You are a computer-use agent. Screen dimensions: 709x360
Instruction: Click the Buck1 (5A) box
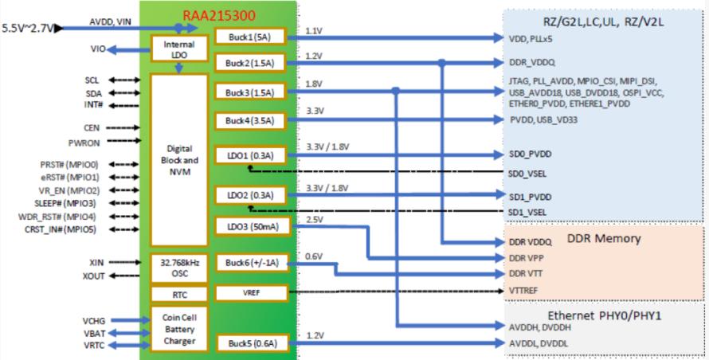pos(250,37)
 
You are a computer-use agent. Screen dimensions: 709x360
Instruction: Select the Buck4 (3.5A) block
pos(250,121)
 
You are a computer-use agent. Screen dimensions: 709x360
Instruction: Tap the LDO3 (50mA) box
pos(253,226)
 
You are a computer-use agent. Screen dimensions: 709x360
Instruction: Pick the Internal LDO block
pos(179,49)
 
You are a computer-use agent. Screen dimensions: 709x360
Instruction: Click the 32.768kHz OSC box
pos(179,268)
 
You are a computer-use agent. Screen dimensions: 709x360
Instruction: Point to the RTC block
pos(179,295)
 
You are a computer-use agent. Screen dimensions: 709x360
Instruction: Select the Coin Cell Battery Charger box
pos(179,329)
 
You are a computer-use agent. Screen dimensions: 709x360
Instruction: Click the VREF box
pos(251,292)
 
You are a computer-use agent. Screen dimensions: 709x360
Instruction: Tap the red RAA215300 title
pos(219,15)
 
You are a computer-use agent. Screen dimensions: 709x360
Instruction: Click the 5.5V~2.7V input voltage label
pos(28,28)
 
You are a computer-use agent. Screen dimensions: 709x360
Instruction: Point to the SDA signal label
pos(93,94)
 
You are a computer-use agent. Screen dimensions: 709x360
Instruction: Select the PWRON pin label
pos(84,143)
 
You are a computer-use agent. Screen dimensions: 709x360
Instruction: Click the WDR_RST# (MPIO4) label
pos(57,217)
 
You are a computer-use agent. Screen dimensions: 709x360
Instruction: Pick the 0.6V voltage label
pos(314,256)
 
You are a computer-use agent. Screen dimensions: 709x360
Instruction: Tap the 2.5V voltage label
pos(315,219)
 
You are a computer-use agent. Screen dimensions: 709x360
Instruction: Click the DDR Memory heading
pos(604,238)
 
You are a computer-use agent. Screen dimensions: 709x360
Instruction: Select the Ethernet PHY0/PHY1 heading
pos(604,315)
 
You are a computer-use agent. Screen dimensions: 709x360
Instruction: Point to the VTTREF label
pos(523,291)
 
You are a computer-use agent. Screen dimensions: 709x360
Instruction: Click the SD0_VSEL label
pos(527,174)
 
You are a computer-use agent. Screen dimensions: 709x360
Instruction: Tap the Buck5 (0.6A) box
pos(253,343)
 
